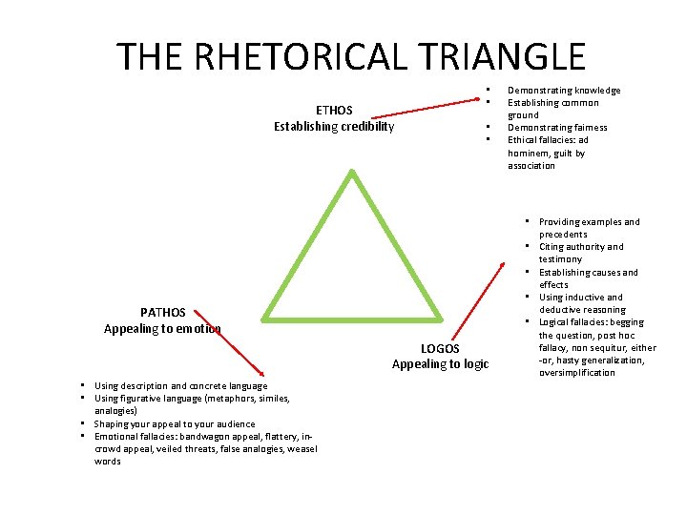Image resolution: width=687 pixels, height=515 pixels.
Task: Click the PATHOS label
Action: point(162,312)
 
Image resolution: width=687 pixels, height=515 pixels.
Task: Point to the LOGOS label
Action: point(440,348)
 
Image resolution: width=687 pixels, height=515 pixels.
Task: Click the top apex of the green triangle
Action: point(353,173)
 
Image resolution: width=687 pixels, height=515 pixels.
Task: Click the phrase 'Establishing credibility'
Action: point(333,127)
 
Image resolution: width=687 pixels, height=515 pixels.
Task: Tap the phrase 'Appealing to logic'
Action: point(440,364)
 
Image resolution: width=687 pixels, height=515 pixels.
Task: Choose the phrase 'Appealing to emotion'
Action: point(162,328)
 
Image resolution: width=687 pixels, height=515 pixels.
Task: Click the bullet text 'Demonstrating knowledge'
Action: point(563,91)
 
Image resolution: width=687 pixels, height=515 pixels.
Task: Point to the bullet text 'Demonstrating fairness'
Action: point(556,128)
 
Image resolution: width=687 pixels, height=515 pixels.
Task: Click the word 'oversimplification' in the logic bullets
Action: point(576,373)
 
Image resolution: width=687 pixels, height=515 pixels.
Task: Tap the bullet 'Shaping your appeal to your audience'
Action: point(175,424)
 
